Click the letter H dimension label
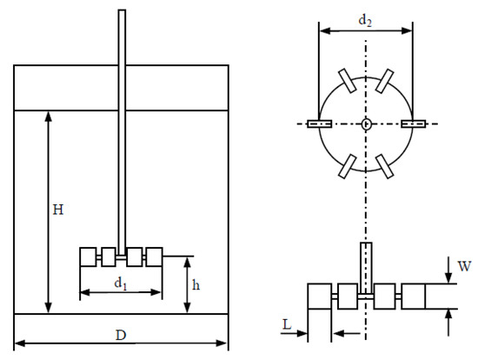coord(58,210)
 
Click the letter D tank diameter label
coord(121,336)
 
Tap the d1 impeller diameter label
coord(121,283)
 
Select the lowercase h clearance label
coord(196,285)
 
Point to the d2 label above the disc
coord(365,21)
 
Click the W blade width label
coord(465,266)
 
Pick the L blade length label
coord(287,324)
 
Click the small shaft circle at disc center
coord(366,124)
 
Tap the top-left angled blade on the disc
coord(348,81)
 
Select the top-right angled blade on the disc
coord(384,81)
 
